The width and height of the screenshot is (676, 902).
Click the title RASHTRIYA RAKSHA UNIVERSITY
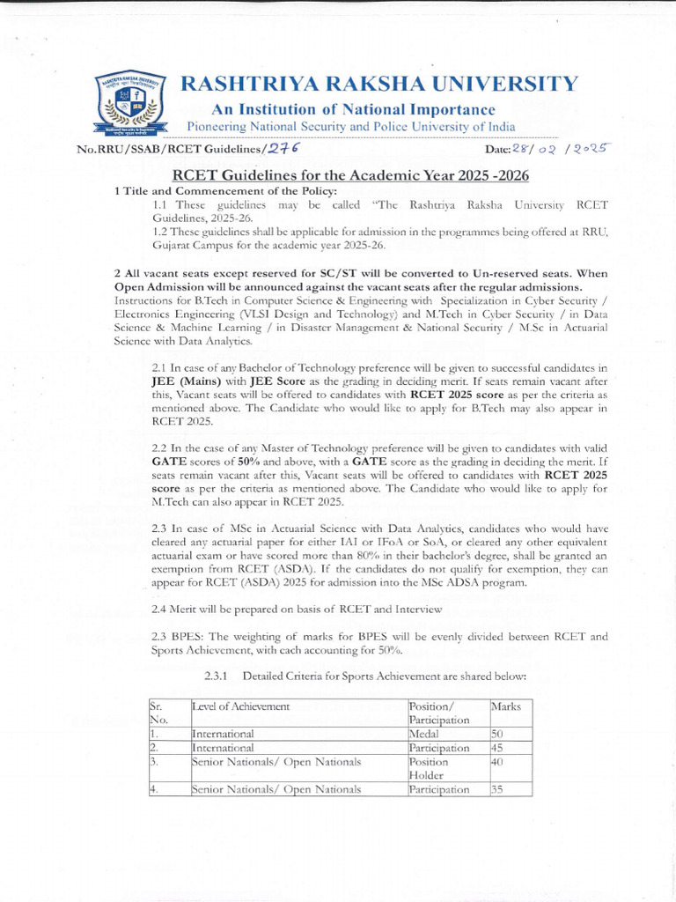(x=379, y=85)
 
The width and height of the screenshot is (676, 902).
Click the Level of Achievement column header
(x=241, y=706)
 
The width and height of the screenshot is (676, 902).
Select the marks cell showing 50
(x=498, y=734)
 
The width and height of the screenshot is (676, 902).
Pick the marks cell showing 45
(x=498, y=748)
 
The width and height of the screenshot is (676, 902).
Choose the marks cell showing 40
(x=498, y=762)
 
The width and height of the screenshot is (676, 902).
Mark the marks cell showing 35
(x=498, y=790)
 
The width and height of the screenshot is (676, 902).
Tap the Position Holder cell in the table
(x=429, y=769)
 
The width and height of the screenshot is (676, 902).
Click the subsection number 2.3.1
(x=217, y=676)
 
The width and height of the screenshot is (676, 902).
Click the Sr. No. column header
(x=158, y=713)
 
